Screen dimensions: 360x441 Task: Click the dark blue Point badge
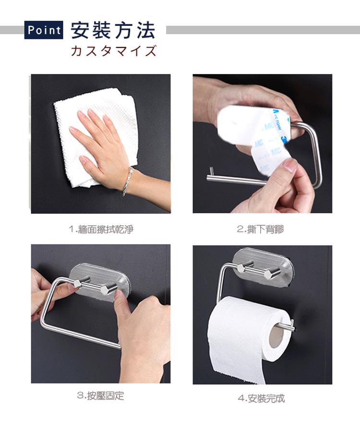(x=44, y=30)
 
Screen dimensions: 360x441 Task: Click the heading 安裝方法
(x=113, y=30)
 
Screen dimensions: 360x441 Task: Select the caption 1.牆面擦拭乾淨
(x=101, y=229)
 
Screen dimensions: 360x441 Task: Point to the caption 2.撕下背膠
(x=260, y=229)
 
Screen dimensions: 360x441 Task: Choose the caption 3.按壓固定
(x=100, y=396)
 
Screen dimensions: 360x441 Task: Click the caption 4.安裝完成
(x=261, y=398)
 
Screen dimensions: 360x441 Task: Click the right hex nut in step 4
(x=268, y=274)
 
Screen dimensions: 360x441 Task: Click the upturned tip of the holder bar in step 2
(x=212, y=171)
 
